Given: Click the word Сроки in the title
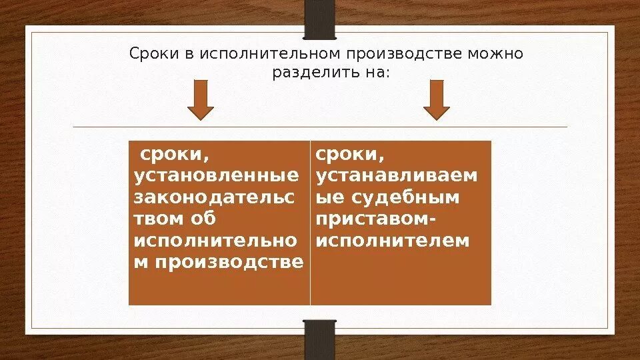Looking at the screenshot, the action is point(150,53).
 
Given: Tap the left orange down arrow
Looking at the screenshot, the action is point(200,100).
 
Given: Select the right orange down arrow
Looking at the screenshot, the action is point(437,100).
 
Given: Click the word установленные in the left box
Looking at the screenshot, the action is point(217,176).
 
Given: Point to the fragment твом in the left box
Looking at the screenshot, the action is point(154,219).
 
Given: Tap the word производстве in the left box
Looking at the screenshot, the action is point(229,262).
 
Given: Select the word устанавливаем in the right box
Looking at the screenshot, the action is point(397,176).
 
